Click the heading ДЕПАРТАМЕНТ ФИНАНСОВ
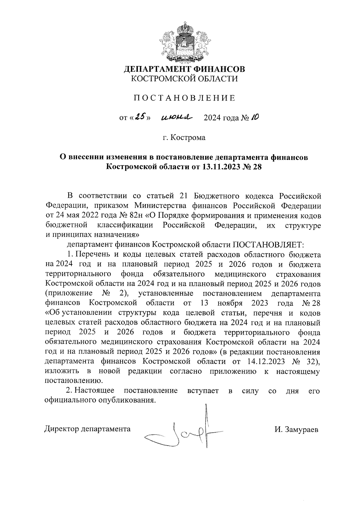tap(184, 69)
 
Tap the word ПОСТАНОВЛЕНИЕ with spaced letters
tap(184, 98)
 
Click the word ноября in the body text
tap(230, 303)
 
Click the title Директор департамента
tap(87, 429)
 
